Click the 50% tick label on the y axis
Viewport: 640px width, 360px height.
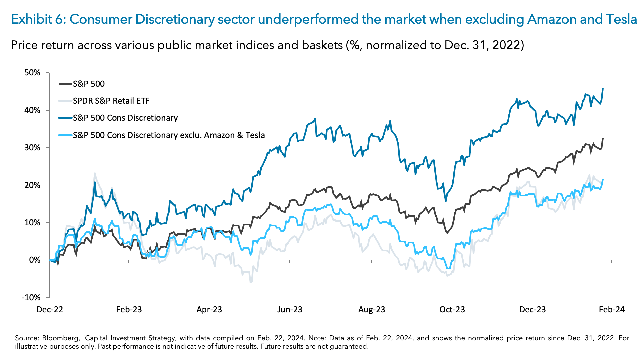32,73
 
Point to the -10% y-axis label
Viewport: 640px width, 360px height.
31,297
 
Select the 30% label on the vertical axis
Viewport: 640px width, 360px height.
32,148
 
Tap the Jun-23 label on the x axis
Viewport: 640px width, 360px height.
290,309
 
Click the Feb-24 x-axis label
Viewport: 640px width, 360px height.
612,309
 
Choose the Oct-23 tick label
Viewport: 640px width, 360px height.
452,309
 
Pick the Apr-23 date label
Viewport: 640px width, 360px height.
209,309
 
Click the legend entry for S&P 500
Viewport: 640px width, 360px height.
89,84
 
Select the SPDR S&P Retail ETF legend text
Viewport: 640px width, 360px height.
111,101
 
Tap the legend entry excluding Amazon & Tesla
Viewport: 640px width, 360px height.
169,135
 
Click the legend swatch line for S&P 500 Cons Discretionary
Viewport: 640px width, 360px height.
65,118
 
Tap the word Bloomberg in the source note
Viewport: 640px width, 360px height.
59,338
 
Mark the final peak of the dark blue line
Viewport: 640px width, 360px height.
603,88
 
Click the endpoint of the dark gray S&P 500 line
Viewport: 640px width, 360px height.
603,139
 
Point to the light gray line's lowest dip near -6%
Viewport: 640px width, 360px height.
251,282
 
